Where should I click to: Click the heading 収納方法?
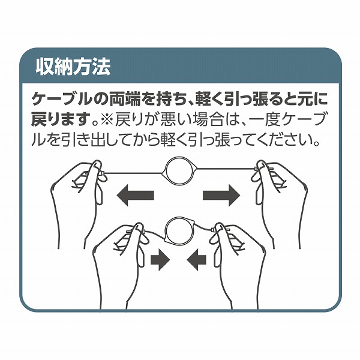click(x=73, y=67)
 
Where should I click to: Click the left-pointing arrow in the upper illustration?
click(x=135, y=196)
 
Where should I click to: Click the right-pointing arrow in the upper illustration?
click(x=221, y=196)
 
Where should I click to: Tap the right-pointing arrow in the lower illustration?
click(x=160, y=260)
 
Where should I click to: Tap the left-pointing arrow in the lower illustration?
click(x=197, y=260)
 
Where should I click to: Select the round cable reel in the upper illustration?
click(x=179, y=171)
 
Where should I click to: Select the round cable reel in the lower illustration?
click(x=179, y=231)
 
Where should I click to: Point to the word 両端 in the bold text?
click(x=124, y=99)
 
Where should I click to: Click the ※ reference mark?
click(x=106, y=119)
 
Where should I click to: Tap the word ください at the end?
click(x=287, y=140)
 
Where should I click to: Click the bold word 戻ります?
click(x=60, y=119)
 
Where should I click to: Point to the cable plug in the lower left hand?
click(x=143, y=231)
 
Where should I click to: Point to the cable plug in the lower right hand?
click(x=213, y=230)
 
